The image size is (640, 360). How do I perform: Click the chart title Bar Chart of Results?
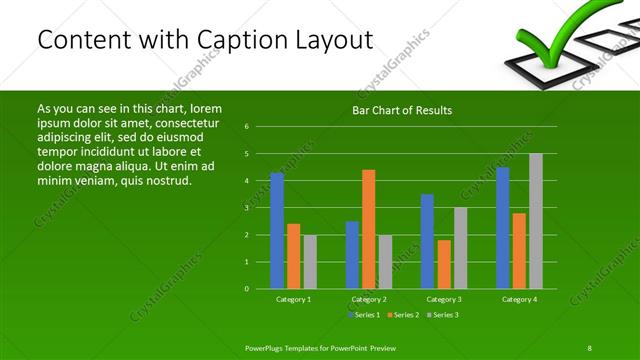point(400,110)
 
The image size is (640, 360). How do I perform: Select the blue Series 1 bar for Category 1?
point(277,230)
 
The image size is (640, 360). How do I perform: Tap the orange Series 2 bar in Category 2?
point(368,228)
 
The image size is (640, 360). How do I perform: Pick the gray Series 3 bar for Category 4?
point(536,220)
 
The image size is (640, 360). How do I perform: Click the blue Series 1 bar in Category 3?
point(427,241)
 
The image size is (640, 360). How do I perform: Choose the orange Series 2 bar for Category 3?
point(444,264)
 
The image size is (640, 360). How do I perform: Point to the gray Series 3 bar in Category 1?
point(310,261)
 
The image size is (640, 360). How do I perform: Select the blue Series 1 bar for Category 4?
point(503,227)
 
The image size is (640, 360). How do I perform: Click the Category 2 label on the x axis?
point(369,299)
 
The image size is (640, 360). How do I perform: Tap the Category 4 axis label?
point(519,299)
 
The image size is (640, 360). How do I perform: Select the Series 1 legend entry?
point(365,315)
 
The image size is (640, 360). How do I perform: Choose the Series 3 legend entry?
point(442,315)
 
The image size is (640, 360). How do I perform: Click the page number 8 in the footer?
point(590,347)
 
